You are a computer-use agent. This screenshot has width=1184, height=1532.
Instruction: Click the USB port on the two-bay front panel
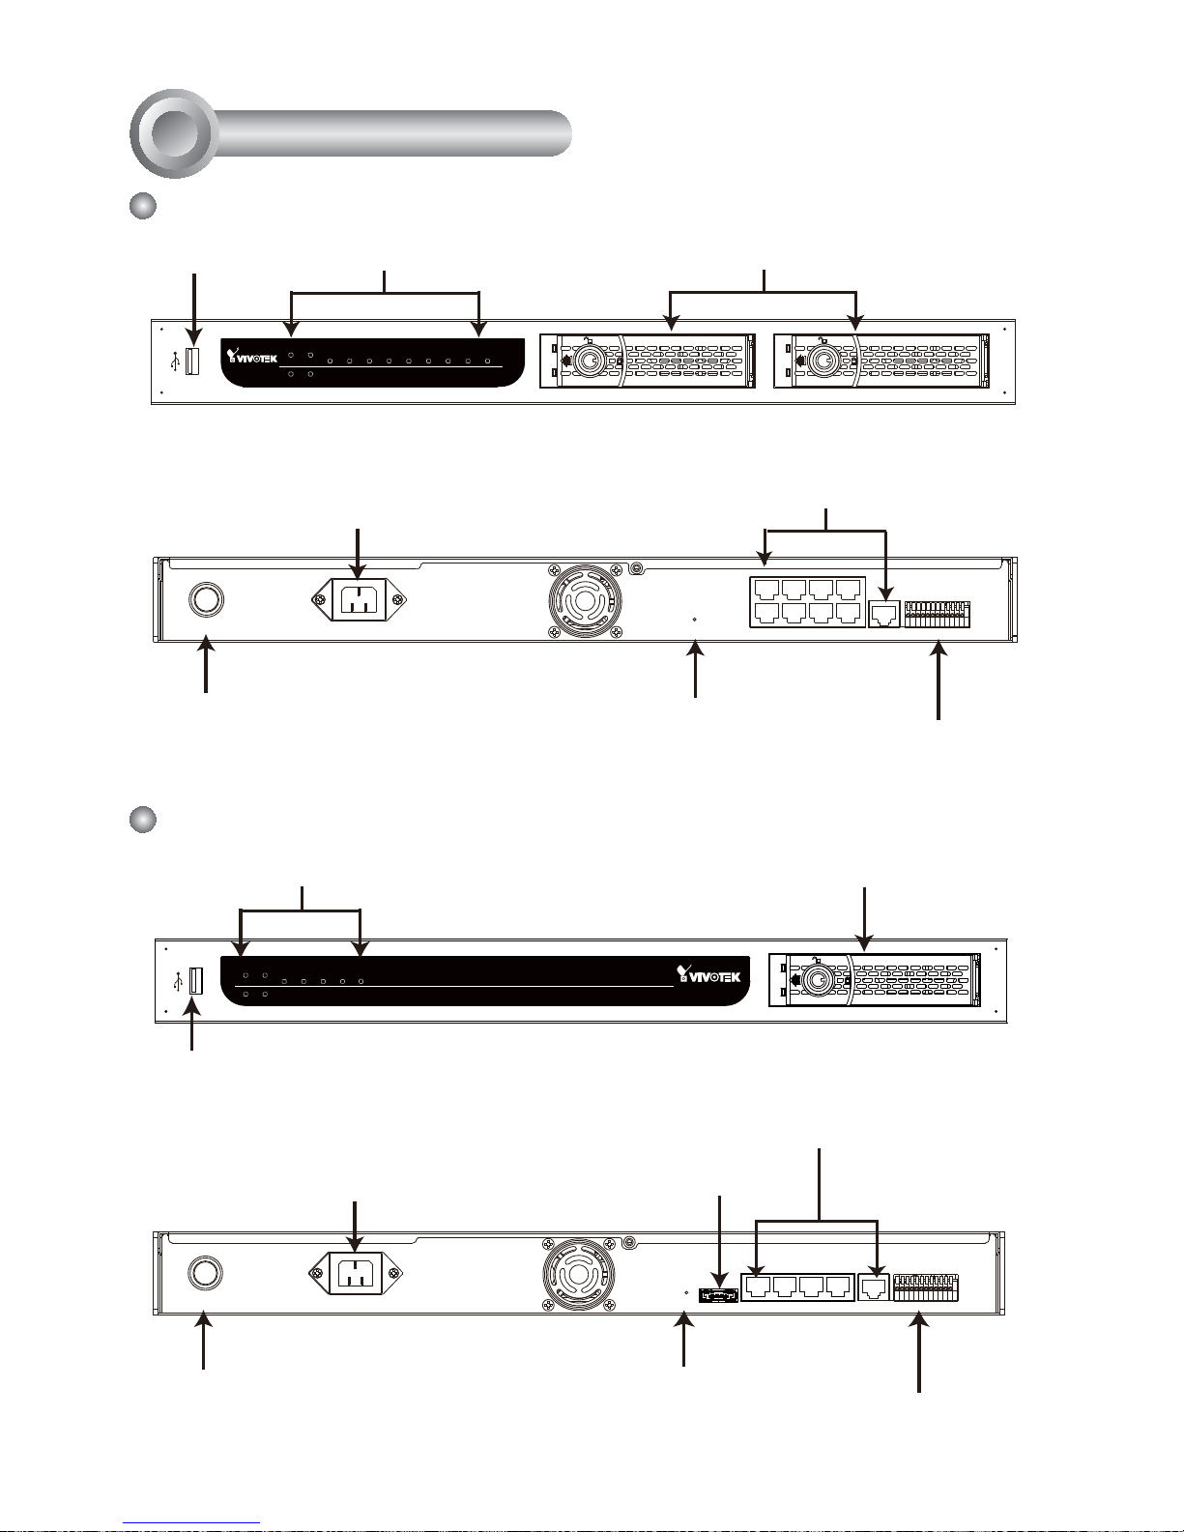click(192, 361)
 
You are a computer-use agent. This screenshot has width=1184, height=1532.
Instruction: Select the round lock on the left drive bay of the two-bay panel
click(590, 361)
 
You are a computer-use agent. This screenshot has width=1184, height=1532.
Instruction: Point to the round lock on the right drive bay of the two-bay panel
click(822, 361)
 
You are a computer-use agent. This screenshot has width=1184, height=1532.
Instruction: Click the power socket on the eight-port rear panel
click(360, 600)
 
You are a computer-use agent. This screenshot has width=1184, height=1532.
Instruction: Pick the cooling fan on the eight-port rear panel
click(585, 600)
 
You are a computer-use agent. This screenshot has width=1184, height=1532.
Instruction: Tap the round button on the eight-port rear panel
click(207, 600)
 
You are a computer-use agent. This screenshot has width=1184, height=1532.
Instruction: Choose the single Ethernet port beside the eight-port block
click(884, 614)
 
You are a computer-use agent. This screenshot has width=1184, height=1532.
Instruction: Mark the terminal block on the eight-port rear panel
click(938, 614)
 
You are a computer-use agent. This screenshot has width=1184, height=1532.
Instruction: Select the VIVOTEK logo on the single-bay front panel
click(708, 975)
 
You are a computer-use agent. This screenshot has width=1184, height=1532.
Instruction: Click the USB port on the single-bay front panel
click(196, 981)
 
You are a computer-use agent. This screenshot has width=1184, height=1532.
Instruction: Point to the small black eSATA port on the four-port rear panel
click(718, 1295)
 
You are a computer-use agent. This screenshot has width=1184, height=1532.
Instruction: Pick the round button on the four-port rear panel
click(206, 1273)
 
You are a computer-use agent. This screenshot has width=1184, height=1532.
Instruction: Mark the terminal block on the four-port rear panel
click(926, 1287)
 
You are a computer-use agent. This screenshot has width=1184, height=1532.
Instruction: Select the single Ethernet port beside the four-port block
click(874, 1287)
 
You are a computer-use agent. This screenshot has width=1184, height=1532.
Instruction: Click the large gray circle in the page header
click(174, 133)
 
